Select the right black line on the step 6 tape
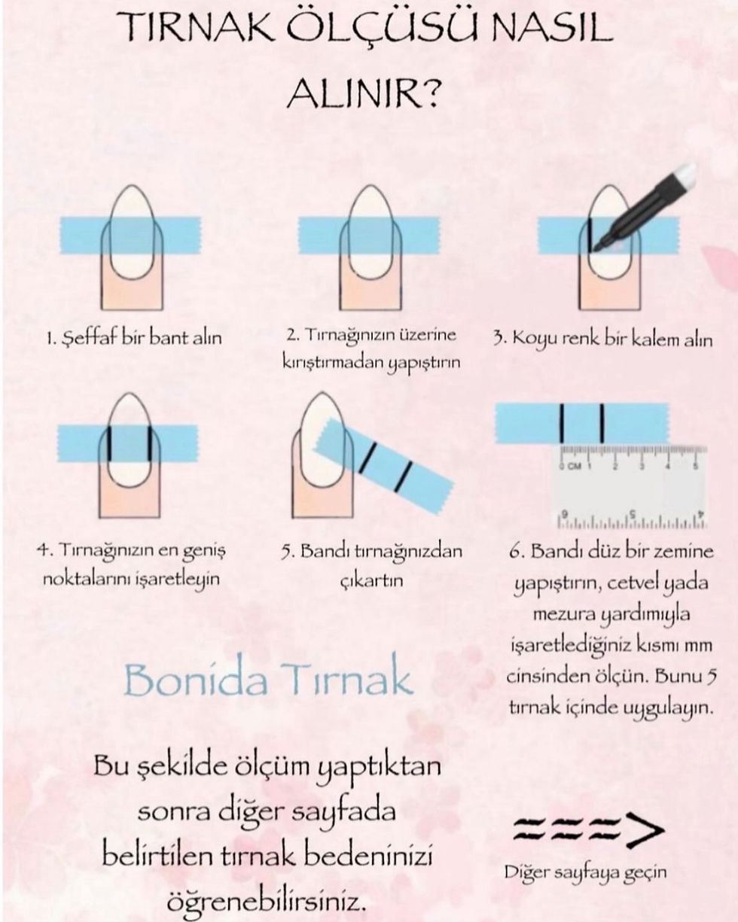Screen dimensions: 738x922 [x=602, y=423]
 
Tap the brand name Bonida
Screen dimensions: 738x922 [x=196, y=680]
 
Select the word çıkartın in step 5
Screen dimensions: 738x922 [x=371, y=580]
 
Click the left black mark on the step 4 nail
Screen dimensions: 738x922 [x=109, y=443]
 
